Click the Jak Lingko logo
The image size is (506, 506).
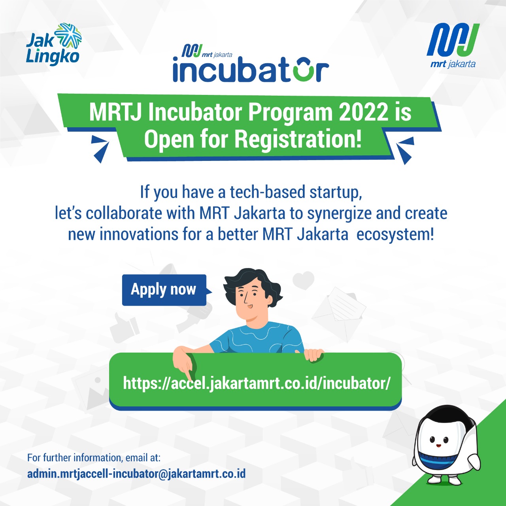53,44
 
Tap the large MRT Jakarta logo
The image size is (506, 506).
453,45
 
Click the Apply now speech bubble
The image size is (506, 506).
164,290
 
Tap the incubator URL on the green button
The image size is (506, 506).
257,383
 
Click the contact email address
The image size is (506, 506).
136,474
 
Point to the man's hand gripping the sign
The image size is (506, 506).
314,354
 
